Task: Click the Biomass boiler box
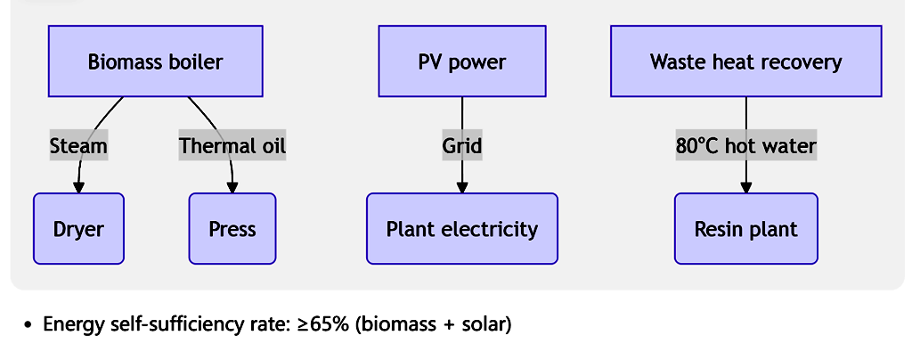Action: click(155, 61)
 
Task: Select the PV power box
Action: click(461, 61)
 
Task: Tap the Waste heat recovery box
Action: click(745, 61)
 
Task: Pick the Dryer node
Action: click(78, 229)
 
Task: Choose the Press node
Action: click(232, 229)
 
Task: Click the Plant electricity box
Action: click(461, 229)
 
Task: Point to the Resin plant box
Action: click(745, 229)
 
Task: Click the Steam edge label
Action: click(78, 146)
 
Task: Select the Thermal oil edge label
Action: click(232, 146)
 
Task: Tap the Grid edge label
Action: click(461, 146)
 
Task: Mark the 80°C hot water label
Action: click(745, 146)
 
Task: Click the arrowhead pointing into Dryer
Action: click(78, 187)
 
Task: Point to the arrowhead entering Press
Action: click(232, 187)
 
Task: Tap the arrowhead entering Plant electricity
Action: click(461, 187)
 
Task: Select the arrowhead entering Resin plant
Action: click(745, 187)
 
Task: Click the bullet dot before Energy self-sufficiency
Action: click(29, 324)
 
